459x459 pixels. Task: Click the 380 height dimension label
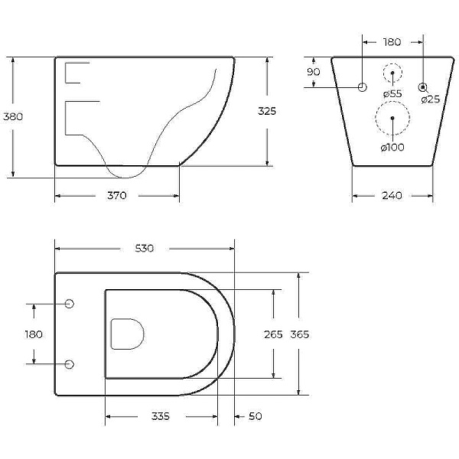coord(13,116)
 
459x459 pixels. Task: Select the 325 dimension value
coord(267,111)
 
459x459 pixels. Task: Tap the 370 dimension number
coord(117,195)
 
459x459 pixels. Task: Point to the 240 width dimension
coord(392,195)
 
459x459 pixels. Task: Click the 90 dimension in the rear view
coord(314,72)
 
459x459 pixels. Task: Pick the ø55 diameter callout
coord(392,94)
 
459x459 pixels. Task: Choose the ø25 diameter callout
coord(431,99)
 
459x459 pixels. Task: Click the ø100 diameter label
coord(392,147)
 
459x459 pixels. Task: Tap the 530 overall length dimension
coord(145,248)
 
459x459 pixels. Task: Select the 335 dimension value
coord(161,416)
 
